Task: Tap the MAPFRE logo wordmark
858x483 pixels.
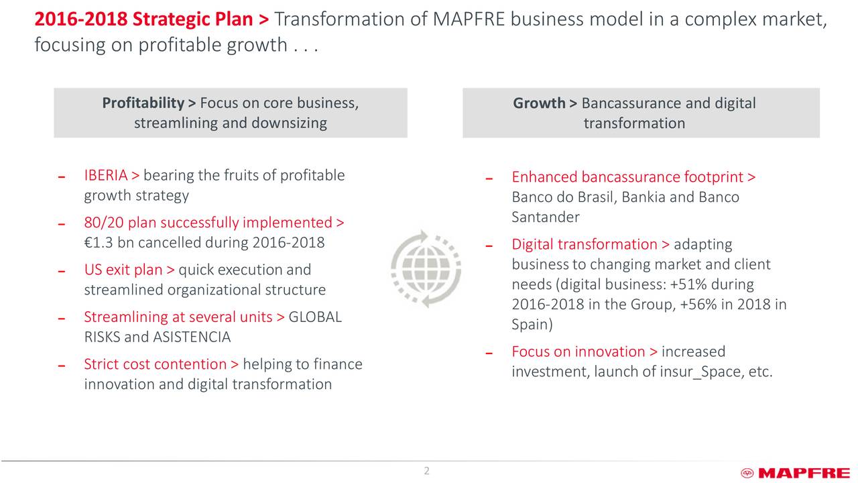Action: (803, 474)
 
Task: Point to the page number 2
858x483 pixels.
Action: (426, 471)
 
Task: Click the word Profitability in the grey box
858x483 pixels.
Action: (143, 103)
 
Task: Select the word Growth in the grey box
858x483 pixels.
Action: (539, 103)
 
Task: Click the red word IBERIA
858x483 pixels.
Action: (105, 176)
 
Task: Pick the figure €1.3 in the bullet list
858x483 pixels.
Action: (98, 242)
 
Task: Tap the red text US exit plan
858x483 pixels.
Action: (123, 270)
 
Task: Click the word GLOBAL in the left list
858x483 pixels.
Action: (315, 317)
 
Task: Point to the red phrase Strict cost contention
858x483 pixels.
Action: (156, 364)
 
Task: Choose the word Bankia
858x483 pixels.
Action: (643, 198)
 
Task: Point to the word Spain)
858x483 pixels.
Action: (532, 325)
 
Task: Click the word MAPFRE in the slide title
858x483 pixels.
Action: (469, 21)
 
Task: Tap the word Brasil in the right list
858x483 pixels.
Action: (593, 198)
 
